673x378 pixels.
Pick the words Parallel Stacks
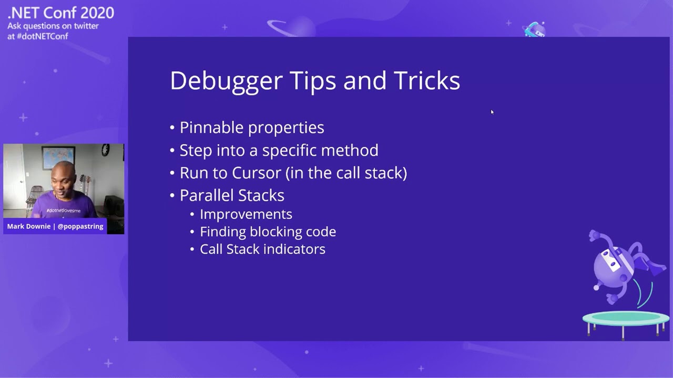232,195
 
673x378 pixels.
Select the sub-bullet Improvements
246,214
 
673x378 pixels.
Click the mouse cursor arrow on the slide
492,112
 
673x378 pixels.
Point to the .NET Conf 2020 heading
60,13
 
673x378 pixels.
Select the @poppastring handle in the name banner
80,226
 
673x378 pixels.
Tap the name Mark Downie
29,226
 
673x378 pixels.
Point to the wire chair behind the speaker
35,197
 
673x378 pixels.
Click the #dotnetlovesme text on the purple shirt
63,211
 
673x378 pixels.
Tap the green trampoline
625,319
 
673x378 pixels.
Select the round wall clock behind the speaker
106,150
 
